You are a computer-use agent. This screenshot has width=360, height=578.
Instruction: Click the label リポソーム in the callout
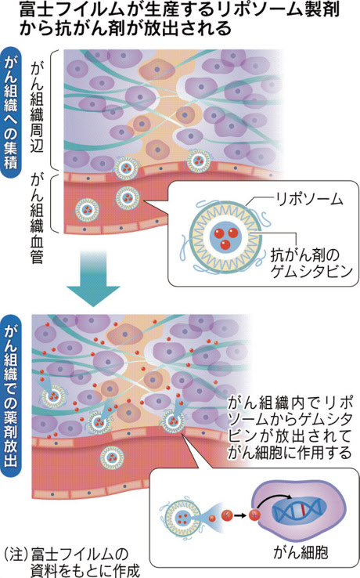tap(309, 200)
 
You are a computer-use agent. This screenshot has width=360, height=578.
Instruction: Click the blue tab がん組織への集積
tap(11, 113)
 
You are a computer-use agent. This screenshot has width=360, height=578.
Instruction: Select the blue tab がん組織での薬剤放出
tap(11, 396)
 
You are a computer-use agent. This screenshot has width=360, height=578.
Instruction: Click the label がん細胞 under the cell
tap(301, 552)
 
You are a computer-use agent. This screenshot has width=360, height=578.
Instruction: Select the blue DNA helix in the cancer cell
tap(297, 511)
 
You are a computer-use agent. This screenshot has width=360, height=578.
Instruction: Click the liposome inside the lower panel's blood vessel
tap(112, 457)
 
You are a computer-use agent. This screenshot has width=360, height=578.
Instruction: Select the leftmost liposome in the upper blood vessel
tap(87, 210)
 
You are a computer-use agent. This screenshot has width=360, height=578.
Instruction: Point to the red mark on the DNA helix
tap(302, 511)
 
